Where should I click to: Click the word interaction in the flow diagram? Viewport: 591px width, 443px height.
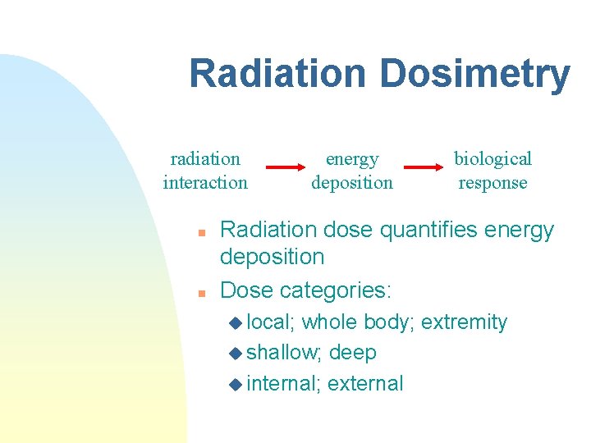(205, 182)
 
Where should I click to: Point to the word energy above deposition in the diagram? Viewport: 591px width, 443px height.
(352, 159)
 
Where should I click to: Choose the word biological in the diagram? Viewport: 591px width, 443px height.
(492, 158)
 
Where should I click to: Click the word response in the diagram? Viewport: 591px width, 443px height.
(492, 183)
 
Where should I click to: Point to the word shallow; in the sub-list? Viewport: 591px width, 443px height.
(285, 353)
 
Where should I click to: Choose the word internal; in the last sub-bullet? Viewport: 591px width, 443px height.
(283, 383)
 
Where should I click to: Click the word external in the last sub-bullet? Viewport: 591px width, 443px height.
(365, 383)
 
